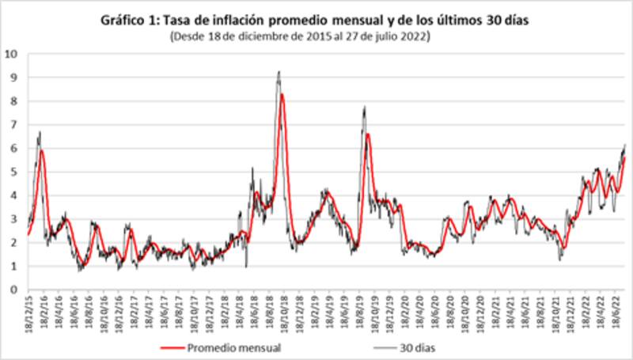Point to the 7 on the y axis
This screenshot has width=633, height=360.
pyautogui.click(x=14, y=124)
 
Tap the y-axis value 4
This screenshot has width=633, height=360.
pyautogui.click(x=14, y=195)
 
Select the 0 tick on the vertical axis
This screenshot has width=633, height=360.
pyautogui.click(x=14, y=290)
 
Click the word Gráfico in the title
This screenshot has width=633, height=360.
pyautogui.click(x=121, y=21)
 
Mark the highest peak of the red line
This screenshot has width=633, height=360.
pyautogui.click(x=282, y=94)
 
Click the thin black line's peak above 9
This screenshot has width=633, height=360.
pyautogui.click(x=279, y=71)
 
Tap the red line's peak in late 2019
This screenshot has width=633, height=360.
pyautogui.click(x=368, y=135)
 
